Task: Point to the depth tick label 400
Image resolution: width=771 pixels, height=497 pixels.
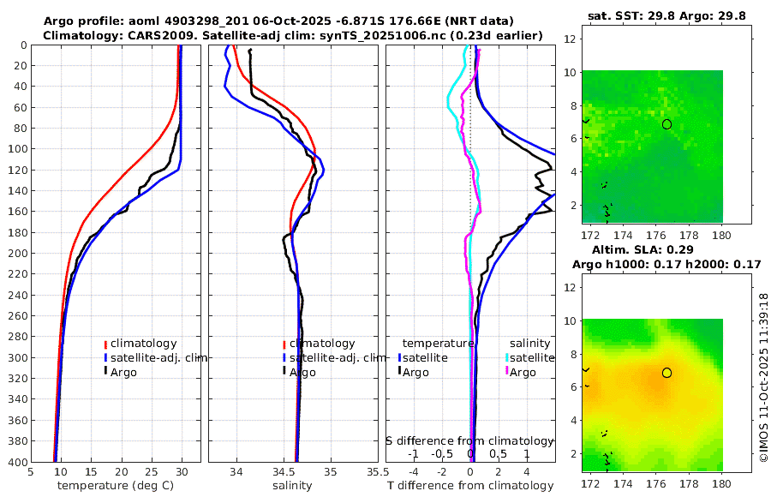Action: coord(16,462)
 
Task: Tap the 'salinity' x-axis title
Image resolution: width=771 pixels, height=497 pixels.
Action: coord(291,486)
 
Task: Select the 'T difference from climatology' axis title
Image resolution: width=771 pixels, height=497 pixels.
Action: coord(472,486)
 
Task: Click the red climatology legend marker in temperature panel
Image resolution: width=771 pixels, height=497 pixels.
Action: coord(105,344)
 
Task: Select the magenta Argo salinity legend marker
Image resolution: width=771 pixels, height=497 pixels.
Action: coord(507,372)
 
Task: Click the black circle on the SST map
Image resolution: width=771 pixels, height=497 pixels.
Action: coord(666,124)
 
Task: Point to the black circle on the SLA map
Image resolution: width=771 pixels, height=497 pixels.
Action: coord(666,373)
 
